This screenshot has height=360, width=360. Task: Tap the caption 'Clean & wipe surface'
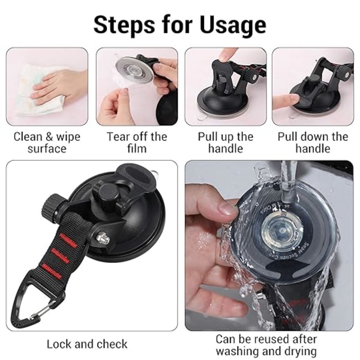47,142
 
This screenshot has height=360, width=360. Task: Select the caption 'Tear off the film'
137,142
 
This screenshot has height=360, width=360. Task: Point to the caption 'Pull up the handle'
226,142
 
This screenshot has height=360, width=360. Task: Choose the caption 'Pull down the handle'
313,142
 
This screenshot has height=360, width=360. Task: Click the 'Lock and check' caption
87,344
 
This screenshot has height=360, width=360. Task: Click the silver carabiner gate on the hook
44,310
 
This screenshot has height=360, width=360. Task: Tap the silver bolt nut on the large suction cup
103,238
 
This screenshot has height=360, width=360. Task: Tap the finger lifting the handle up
227,55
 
